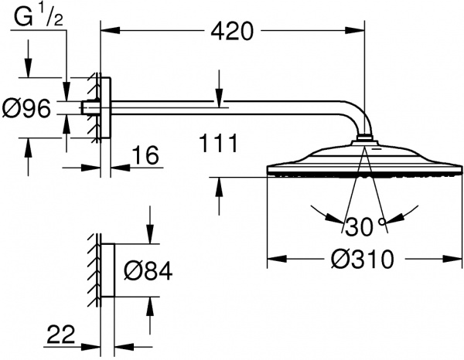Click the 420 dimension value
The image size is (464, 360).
[x=231, y=31]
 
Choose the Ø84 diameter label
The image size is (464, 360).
[x=147, y=272]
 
